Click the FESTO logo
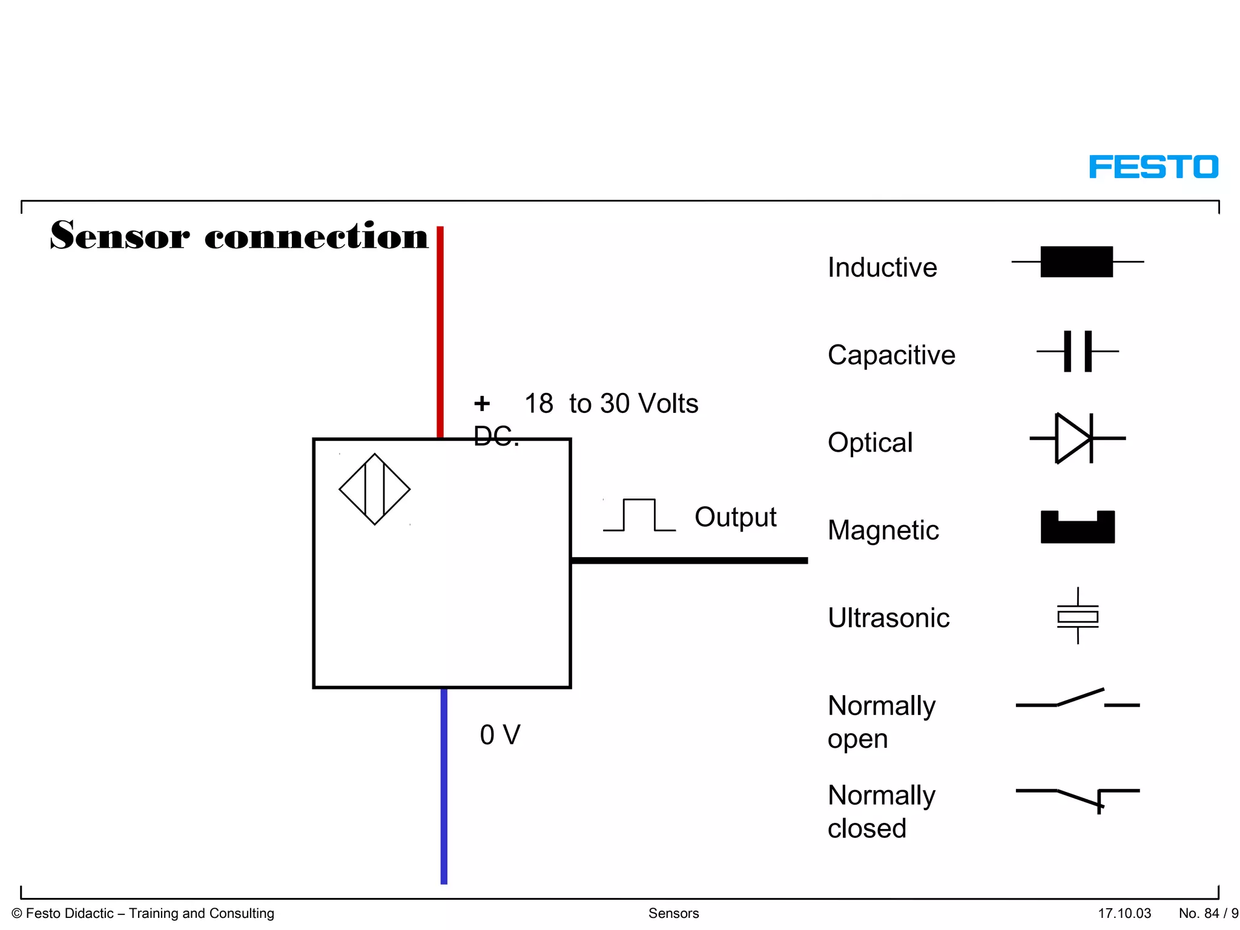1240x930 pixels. [1153, 167]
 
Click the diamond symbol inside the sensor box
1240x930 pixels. [375, 489]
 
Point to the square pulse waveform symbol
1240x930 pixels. [639, 515]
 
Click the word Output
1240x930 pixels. [735, 517]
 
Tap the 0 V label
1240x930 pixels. [500, 735]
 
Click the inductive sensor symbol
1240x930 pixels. [1077, 262]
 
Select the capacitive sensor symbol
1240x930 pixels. [1078, 351]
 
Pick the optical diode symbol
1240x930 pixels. [1077, 438]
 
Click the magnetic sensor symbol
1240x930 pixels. [1077, 527]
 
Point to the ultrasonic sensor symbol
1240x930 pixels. [1078, 616]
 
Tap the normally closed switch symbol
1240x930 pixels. [1078, 796]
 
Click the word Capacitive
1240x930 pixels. [891, 355]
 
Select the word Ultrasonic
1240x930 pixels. [888, 618]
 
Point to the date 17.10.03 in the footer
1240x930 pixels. [1124, 913]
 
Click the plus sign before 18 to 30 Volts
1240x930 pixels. [482, 403]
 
